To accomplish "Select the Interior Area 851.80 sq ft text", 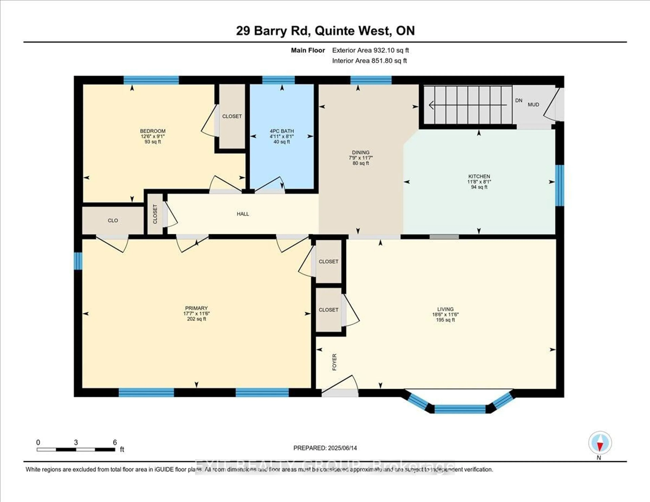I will [369, 61].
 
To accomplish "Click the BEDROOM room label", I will [153, 131].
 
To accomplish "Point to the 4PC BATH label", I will [281, 131].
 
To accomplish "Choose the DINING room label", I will [361, 152].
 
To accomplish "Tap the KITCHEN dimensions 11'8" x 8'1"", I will [479, 181].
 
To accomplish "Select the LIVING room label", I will [445, 309].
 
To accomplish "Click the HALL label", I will [243, 214].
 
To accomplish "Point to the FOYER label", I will [334, 362].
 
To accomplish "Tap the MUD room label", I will [533, 105].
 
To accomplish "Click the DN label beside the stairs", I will [519, 101].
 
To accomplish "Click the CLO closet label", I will [113, 221].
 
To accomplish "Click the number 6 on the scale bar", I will [115, 442].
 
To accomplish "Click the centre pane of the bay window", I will [460, 409].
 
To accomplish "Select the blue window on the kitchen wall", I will [559, 185].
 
